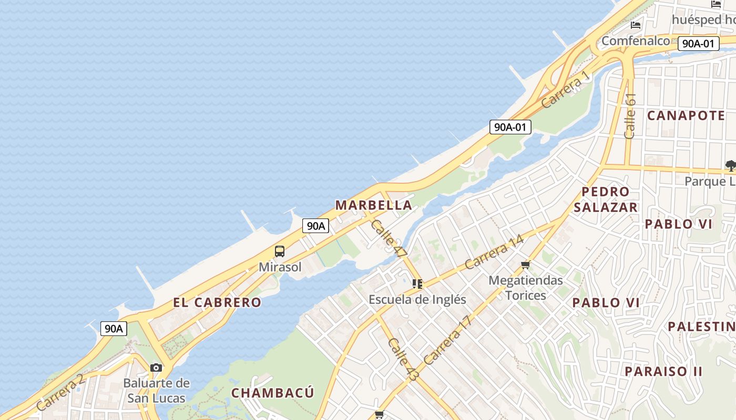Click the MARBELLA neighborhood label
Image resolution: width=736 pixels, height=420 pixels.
click(374, 205)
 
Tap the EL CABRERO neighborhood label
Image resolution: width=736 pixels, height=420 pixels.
click(217, 302)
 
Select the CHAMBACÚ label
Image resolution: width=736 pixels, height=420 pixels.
click(273, 393)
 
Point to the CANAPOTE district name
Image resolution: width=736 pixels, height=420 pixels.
click(686, 115)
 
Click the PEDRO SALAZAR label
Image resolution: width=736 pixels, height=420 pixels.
click(606, 199)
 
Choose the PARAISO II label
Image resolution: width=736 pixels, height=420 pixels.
click(663, 371)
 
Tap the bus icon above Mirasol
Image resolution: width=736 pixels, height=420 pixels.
click(280, 251)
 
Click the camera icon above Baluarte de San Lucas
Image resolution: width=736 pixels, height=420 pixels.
click(156, 367)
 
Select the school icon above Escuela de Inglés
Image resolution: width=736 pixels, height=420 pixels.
click(417, 284)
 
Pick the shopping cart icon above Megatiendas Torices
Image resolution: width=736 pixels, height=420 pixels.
click(525, 265)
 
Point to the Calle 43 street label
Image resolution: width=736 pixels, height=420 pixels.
click(402, 360)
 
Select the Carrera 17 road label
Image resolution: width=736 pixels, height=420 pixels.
click(448, 340)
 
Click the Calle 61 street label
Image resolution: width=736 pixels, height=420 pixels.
click(630, 116)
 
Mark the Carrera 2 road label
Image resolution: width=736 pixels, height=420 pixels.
click(60, 392)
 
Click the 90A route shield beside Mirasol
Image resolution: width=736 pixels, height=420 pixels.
click(316, 226)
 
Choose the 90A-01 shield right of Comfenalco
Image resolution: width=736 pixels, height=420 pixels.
click(698, 44)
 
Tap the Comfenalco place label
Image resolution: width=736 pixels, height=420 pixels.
click(636, 40)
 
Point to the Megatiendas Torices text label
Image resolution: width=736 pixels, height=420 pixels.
click(526, 288)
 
